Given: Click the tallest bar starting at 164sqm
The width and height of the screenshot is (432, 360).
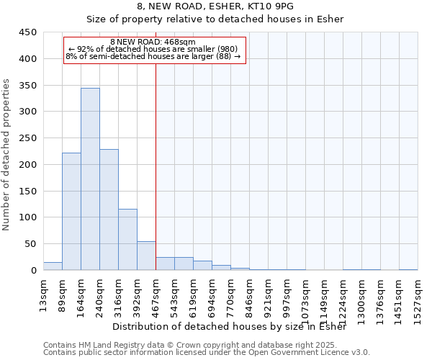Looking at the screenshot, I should coord(90,179).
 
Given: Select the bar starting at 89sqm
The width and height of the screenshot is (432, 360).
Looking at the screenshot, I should coord(71,212).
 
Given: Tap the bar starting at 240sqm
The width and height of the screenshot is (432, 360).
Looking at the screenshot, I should coord(109,210).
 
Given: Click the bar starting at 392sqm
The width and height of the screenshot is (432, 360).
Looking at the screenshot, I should coord(146,256).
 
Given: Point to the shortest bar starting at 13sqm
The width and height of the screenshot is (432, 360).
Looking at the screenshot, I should coord(53,266).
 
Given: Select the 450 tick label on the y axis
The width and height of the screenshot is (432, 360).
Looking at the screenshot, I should coord(27,32).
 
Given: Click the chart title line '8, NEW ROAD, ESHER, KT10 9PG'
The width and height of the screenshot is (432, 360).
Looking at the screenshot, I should coord(215,7).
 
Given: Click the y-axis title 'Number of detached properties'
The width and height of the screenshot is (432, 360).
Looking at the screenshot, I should coord(7,155).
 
